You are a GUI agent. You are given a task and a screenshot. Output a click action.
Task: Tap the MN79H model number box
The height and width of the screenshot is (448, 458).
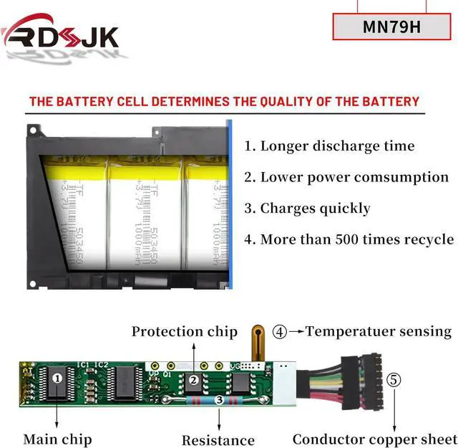pos(391,28)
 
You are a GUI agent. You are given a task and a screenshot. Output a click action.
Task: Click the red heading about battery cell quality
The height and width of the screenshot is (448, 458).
pos(224,101)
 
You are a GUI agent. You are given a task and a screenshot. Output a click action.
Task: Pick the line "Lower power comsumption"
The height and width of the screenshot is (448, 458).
pos(346,177)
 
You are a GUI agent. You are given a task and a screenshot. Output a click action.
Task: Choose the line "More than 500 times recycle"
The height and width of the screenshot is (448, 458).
pos(349,239)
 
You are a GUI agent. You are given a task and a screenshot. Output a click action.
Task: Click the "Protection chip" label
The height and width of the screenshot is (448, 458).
pos(184,331)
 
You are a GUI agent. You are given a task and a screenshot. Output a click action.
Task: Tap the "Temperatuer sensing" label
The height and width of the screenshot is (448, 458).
pos(379,331)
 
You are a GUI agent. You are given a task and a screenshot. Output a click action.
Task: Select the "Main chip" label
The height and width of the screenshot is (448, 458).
pos(57,439)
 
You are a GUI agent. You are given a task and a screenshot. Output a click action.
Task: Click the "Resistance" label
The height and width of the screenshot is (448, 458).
pos(218,440)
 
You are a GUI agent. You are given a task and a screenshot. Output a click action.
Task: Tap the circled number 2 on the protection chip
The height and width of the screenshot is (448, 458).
pos(193,380)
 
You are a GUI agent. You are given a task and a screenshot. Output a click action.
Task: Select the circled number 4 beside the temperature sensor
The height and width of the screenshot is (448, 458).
pos(280,332)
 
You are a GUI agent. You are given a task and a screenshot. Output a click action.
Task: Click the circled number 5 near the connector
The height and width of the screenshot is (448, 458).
pos(394,379)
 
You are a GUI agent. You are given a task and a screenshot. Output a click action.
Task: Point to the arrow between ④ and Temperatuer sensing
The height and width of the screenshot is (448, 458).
pos(295,332)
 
